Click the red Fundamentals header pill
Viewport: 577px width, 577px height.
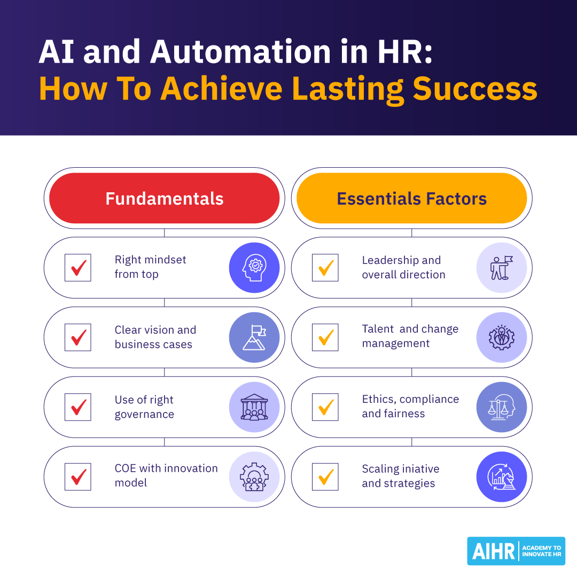point(164,198)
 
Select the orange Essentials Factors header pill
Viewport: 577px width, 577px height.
point(411,198)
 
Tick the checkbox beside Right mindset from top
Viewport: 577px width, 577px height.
point(77,268)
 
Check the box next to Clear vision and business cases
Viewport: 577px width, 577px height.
point(77,338)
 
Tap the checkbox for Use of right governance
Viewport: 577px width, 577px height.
point(77,407)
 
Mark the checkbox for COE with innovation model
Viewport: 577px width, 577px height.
point(77,477)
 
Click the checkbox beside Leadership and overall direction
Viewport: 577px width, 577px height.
point(325,268)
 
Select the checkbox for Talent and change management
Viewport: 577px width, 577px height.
point(325,338)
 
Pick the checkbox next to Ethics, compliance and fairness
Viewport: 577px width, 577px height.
point(325,407)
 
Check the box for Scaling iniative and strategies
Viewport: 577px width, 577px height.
point(325,477)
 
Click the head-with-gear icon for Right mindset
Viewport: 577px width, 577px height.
point(254,268)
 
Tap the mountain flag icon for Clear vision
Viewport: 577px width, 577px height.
point(254,338)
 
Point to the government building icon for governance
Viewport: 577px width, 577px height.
point(254,407)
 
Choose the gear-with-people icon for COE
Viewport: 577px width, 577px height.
point(254,477)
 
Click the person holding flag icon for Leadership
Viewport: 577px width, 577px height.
point(502,268)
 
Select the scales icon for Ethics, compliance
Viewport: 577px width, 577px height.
point(502,407)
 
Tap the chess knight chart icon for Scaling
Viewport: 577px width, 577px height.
point(502,477)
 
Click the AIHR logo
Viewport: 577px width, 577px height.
point(516,551)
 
